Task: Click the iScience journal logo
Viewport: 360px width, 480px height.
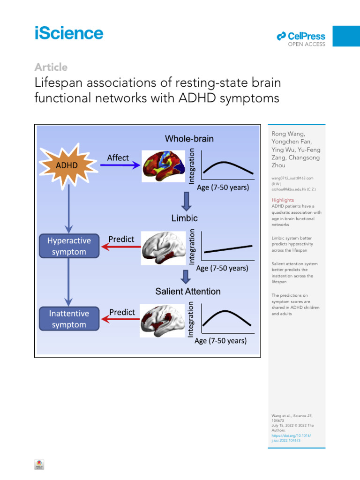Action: click(68, 34)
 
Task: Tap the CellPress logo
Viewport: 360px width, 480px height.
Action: click(301, 37)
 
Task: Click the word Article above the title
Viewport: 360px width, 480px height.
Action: click(51, 67)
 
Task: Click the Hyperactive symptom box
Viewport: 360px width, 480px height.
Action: click(69, 246)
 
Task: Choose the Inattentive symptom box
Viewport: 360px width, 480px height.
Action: click(68, 319)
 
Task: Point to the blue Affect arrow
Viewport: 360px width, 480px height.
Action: click(120, 165)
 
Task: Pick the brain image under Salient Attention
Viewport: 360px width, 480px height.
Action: click(164, 319)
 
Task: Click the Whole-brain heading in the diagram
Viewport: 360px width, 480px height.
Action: click(189, 138)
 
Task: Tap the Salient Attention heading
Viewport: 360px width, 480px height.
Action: click(188, 292)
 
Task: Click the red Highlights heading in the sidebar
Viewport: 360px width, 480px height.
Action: click(283, 200)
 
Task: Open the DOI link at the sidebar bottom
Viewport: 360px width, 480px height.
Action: click(291, 438)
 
